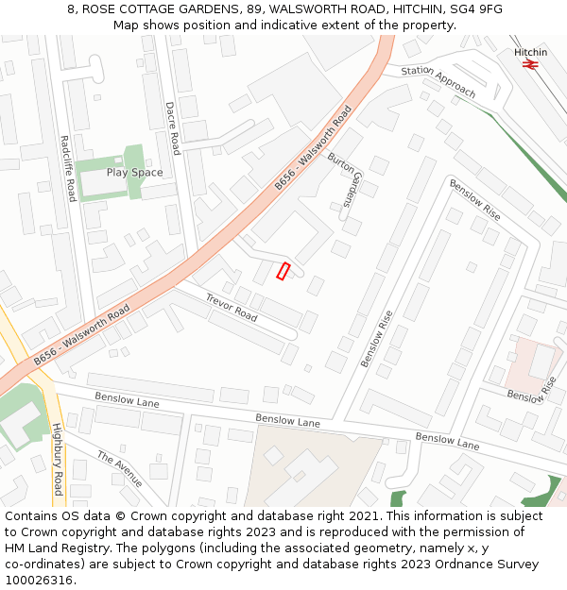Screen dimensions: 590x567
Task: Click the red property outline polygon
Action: click(x=283, y=271)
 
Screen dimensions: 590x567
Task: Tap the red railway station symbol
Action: click(x=530, y=65)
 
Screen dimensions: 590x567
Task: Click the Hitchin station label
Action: click(x=530, y=52)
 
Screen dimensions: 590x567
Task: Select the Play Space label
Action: click(x=134, y=173)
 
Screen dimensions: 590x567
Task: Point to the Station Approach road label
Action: click(x=438, y=81)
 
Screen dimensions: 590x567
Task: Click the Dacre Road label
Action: click(x=173, y=128)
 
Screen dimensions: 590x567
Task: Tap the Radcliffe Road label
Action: click(x=67, y=168)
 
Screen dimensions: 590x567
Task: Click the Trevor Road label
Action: click(x=232, y=306)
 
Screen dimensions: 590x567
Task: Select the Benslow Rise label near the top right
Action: click(x=474, y=199)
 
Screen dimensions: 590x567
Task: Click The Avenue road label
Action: click(x=119, y=469)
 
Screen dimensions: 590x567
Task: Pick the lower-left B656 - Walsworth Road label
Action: click(x=81, y=335)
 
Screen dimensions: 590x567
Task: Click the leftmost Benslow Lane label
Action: click(x=127, y=399)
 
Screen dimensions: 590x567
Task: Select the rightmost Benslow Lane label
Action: click(x=448, y=439)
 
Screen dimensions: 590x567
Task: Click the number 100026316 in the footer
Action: click(x=39, y=581)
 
